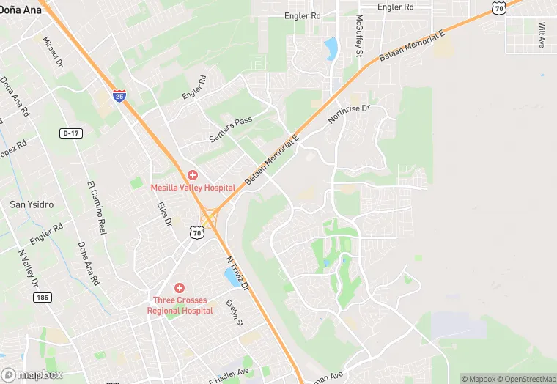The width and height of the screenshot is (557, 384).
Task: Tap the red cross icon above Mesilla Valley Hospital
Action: click(192, 175)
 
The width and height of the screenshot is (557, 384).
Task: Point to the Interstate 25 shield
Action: click(119, 95)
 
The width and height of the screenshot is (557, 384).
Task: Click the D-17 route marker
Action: click(70, 133)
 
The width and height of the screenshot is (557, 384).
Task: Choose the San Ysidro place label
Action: click(31, 204)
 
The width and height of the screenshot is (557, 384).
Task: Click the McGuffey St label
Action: click(359, 36)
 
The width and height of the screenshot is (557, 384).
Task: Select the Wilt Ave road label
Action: click(542, 35)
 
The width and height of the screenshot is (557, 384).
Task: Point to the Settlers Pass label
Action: click(230, 129)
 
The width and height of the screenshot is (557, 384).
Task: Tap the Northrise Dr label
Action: click(350, 113)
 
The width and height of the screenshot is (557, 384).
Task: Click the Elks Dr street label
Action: click(164, 213)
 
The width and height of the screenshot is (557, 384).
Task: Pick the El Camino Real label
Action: click(97, 206)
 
